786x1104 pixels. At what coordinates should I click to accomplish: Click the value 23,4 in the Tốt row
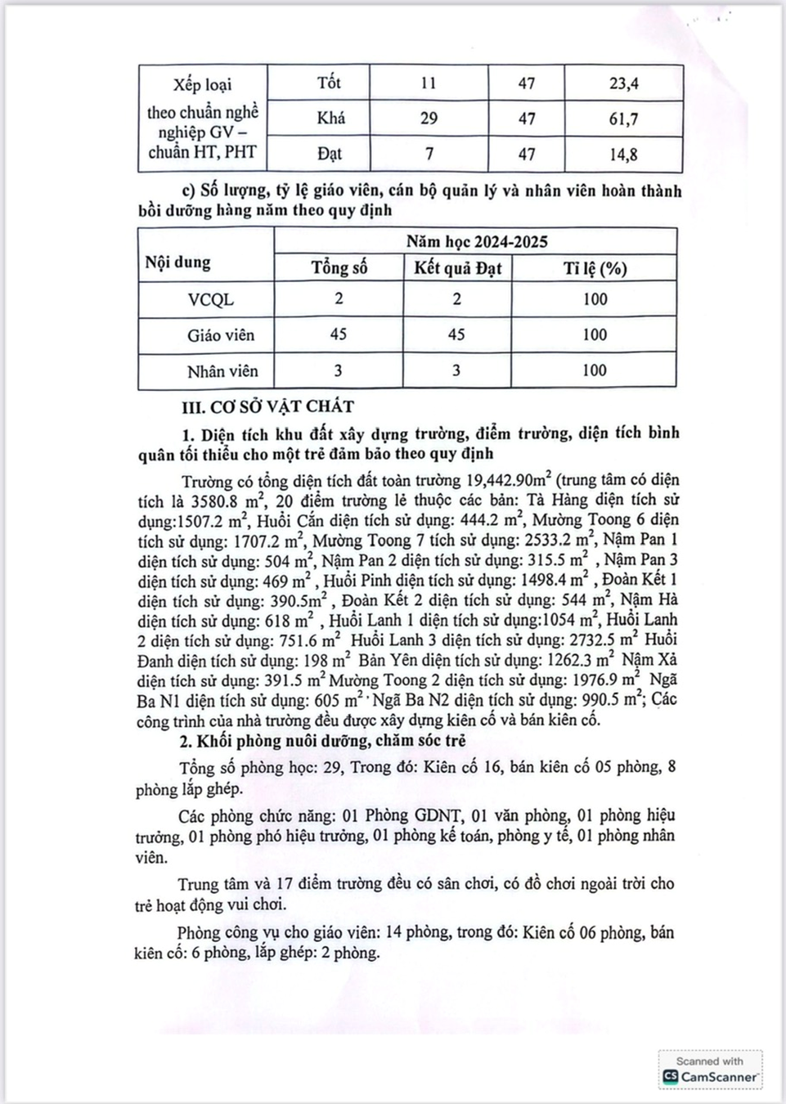click(x=623, y=83)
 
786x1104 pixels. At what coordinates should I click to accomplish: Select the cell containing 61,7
click(x=623, y=119)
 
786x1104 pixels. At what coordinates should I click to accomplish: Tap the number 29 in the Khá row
click(x=429, y=119)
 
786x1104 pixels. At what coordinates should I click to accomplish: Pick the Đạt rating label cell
click(x=330, y=154)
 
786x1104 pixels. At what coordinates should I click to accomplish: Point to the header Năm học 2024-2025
click(x=476, y=242)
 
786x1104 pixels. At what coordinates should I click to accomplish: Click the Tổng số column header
click(x=339, y=268)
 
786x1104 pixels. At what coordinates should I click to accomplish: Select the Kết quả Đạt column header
click(x=457, y=268)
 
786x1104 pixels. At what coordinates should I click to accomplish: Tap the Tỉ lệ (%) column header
click(x=595, y=268)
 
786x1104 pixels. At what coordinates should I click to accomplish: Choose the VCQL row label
click(x=210, y=300)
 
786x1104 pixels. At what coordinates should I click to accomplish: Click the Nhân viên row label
click(x=222, y=371)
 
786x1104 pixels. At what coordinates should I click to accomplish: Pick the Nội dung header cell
click(x=177, y=263)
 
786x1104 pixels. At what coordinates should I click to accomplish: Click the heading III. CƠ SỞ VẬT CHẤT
click(x=268, y=406)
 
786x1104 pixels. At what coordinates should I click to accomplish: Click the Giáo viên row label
click(x=220, y=335)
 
